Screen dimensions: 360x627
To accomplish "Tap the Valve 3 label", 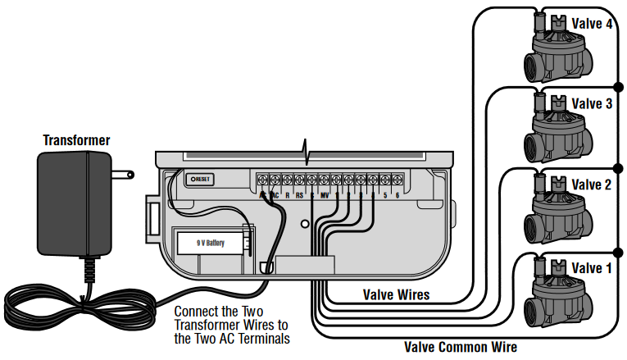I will tap(592, 104).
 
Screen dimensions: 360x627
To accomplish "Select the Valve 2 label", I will tap(592, 185).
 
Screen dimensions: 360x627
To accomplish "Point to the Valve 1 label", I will tap(592, 267).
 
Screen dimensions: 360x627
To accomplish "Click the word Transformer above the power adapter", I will tap(76, 140).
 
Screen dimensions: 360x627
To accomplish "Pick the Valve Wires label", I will tap(396, 294).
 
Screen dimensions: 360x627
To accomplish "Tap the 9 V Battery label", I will tap(211, 244).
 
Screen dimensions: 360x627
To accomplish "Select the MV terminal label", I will tap(325, 195).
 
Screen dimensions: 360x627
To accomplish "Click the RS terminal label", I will tap(300, 195).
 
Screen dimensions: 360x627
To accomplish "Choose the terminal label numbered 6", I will tap(398, 195).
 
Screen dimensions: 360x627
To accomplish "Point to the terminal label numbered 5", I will tap(385, 195).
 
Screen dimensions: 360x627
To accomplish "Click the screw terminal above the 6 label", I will tap(398, 179).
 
